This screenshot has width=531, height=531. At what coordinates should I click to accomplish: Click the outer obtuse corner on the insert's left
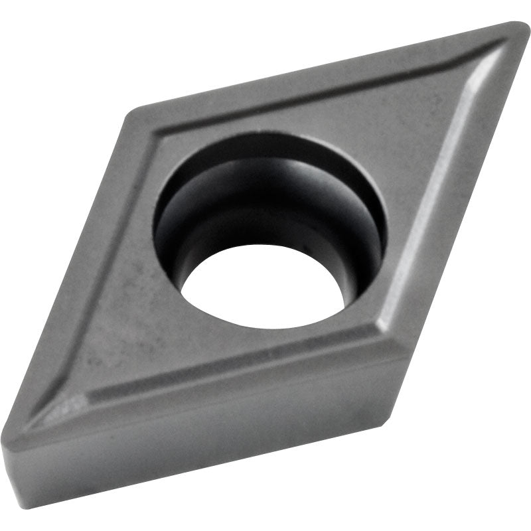click(x=133, y=113)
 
